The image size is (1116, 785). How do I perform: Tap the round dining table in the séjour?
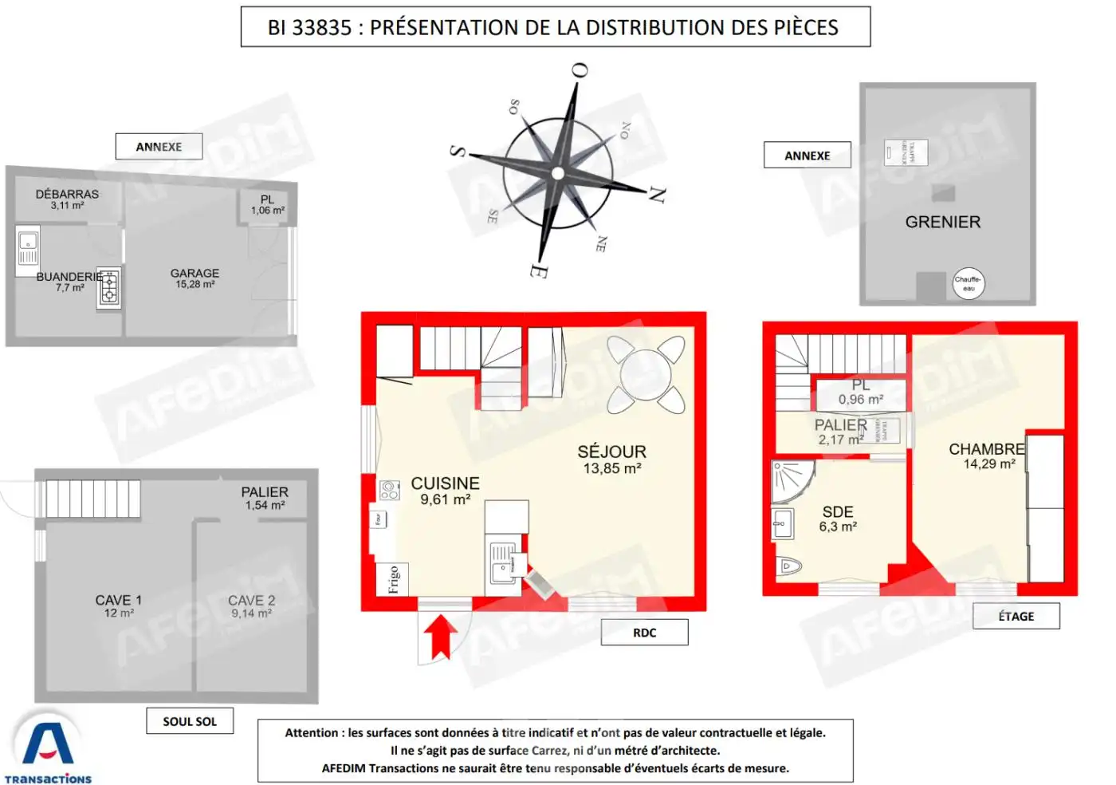coord(645,374)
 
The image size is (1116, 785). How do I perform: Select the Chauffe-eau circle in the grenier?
coord(969,283)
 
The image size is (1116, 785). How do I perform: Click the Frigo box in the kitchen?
coord(393,579)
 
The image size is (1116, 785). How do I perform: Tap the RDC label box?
coord(644,633)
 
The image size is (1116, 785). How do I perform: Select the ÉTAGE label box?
coord(1016,617)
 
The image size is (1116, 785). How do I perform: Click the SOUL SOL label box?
coord(190,721)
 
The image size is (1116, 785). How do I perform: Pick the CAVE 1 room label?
coord(118,600)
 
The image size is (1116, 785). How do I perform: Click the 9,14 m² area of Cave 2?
coord(251,613)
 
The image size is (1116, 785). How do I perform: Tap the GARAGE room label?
coord(195,273)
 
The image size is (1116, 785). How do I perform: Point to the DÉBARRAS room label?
coord(67,194)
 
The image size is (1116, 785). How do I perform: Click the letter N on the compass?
coord(657,194)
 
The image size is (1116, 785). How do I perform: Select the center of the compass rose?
coord(558,173)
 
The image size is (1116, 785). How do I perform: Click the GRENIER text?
coord(942,223)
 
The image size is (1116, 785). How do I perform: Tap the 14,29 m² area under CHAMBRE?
coord(988,464)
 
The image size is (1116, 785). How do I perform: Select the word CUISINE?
coord(445,483)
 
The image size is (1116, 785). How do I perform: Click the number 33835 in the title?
coord(322,28)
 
